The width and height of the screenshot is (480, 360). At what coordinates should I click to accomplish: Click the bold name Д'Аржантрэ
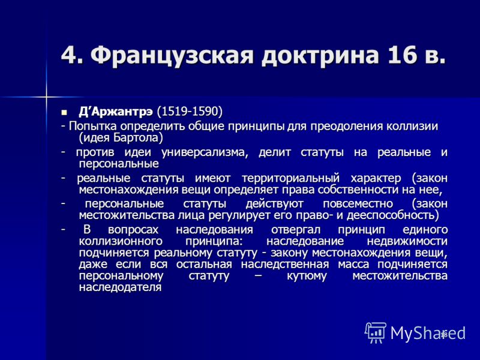pos(115,112)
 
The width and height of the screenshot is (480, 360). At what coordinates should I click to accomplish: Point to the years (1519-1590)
pos(190,112)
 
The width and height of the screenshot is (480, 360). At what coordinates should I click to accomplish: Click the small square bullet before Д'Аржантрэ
pos(64,112)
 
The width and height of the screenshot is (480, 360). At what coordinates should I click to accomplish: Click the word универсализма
pos(203,152)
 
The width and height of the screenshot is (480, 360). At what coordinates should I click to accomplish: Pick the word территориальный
pos(290,178)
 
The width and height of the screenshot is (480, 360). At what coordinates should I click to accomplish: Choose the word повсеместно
pos(358,204)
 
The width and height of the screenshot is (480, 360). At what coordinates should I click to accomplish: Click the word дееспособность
pos(391,215)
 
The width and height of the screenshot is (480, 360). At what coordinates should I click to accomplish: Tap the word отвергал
pos(296,230)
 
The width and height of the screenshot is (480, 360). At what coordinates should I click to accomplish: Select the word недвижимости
pos(407,241)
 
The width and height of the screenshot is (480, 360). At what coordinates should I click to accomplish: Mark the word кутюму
pos(307,276)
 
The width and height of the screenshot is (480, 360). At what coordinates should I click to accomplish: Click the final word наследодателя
pos(120,287)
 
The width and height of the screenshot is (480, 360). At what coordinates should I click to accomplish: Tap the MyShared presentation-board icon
pos(376,332)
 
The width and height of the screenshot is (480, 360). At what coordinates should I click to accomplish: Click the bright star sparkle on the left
pos(46,98)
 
